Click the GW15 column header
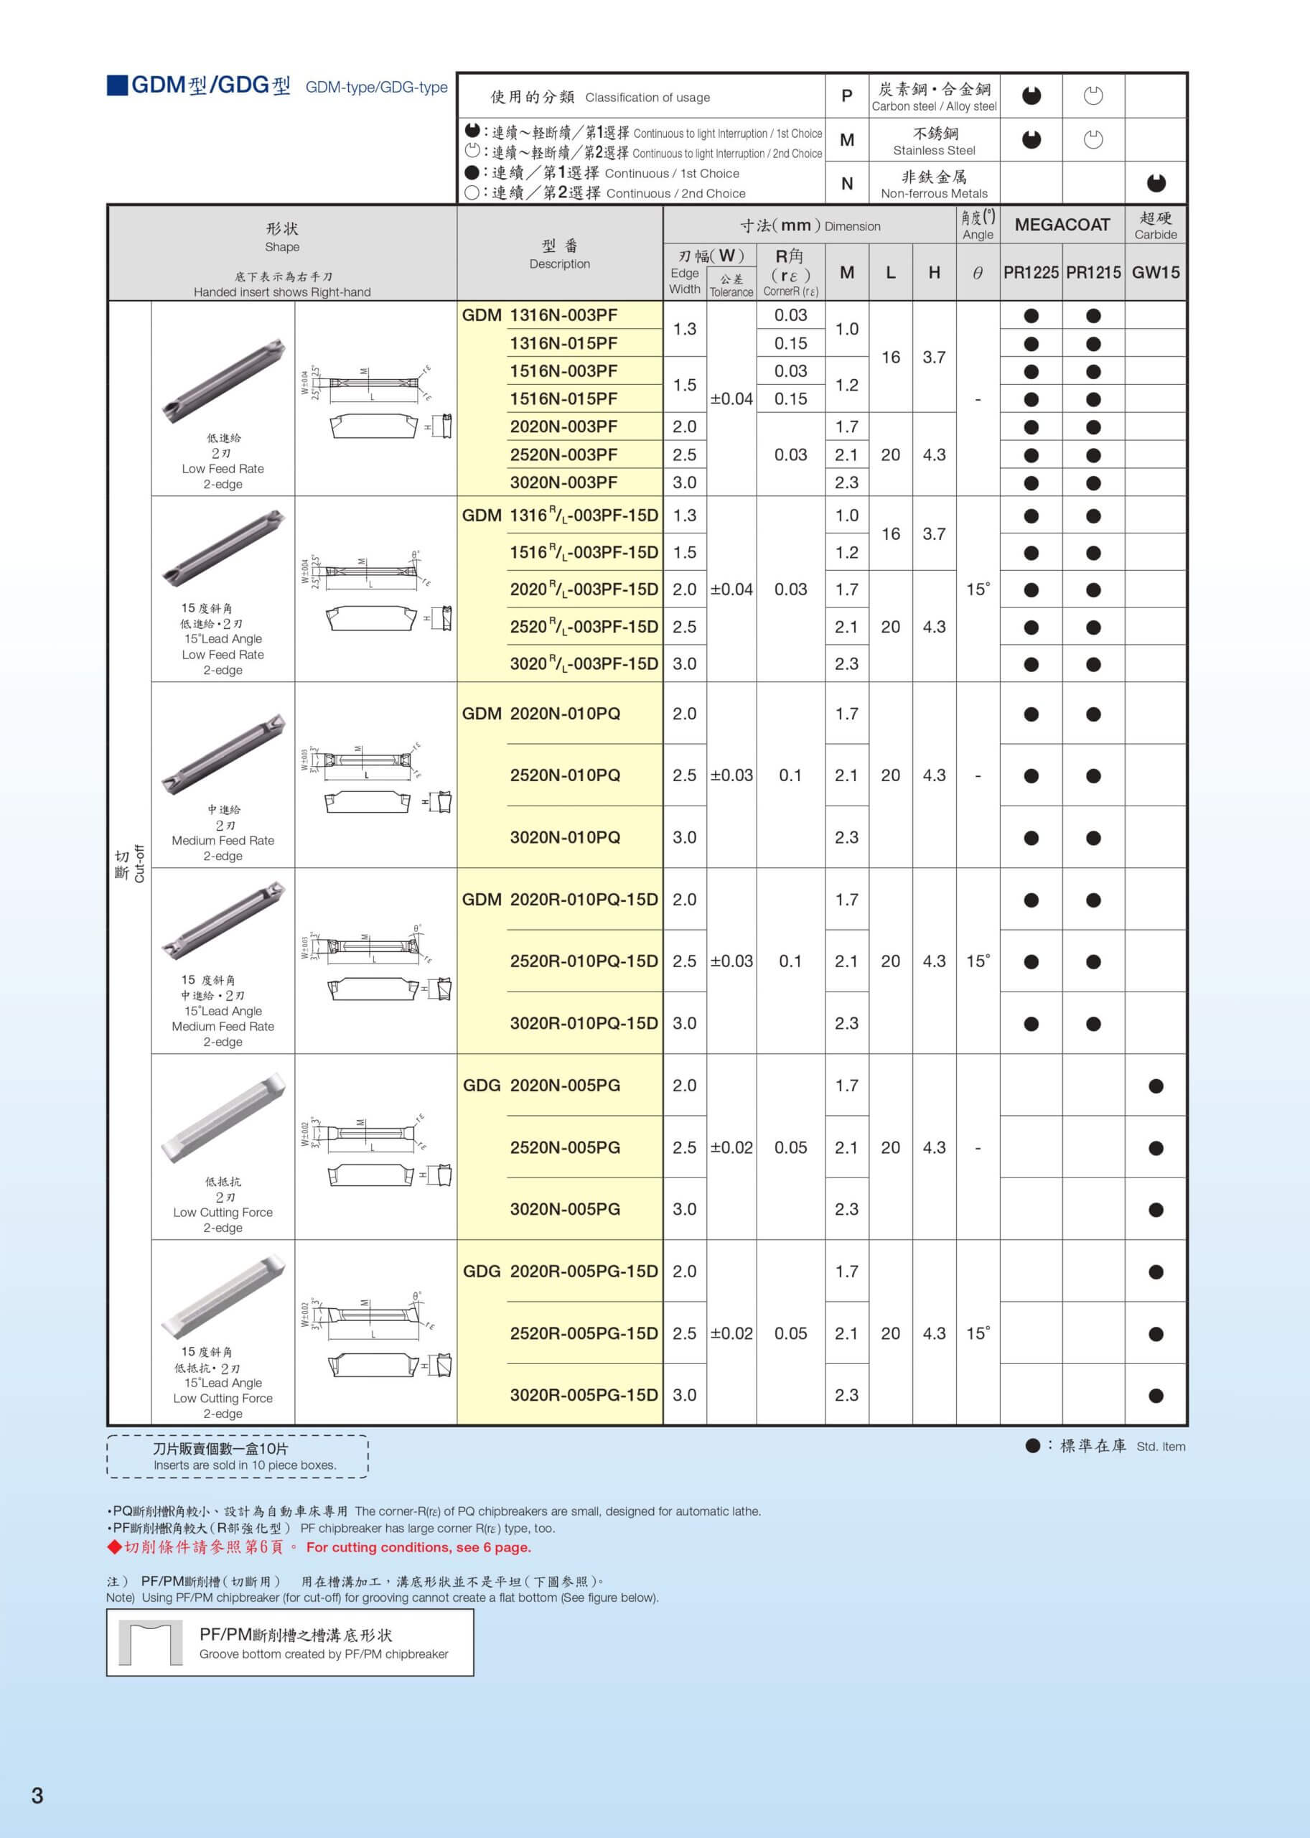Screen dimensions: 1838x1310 pos(1155,273)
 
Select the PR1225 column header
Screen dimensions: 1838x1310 pos(1030,273)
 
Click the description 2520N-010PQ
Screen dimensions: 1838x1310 pos(565,775)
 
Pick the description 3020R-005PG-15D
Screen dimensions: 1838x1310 pos(583,1395)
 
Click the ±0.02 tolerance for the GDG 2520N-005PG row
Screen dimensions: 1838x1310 pos(731,1147)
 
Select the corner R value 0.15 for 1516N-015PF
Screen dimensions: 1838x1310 pos(790,398)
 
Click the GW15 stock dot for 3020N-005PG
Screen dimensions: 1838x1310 pos(1155,1210)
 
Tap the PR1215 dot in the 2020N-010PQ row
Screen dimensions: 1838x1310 pos(1093,714)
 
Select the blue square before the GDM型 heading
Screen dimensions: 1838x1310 pos(117,85)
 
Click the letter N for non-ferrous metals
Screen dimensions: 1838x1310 pos(847,183)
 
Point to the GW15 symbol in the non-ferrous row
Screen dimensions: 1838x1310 pos(1155,183)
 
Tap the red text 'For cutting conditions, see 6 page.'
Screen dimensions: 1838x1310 pos(418,1547)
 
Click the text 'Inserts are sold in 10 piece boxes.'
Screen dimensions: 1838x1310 pos(245,1465)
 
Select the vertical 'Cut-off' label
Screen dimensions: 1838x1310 pos(139,863)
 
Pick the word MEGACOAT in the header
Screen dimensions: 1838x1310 pos(1062,225)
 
